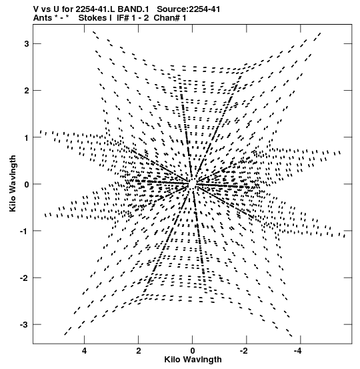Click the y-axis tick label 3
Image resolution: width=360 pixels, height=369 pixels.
pos(26,44)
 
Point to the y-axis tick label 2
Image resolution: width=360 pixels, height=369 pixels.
pos(26,90)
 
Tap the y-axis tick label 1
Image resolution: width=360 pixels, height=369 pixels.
pos(27,137)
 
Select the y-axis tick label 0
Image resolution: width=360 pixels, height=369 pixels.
pos(26,184)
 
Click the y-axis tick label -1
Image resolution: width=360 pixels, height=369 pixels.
pos(24,231)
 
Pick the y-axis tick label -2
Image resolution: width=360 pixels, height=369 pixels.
pos(24,278)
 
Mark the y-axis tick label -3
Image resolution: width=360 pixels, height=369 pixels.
pos(24,324)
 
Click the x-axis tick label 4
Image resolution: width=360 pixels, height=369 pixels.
pos(84,351)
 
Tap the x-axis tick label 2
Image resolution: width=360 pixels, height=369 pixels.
pos(139,351)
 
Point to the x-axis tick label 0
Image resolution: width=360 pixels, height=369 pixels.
pos(193,351)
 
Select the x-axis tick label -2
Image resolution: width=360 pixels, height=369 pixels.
pos(245,351)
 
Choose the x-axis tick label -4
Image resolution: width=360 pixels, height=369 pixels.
pos(299,351)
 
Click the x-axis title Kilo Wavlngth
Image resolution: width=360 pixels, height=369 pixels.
pos(193,360)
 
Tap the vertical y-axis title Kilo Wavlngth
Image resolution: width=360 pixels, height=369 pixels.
pos(13,183)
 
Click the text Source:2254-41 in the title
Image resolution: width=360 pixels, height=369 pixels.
pos(189,9)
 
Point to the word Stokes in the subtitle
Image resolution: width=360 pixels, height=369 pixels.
pos(93,18)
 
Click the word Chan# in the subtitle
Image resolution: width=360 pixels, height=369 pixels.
pos(167,18)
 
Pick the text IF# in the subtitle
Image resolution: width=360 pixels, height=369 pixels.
pos(123,18)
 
